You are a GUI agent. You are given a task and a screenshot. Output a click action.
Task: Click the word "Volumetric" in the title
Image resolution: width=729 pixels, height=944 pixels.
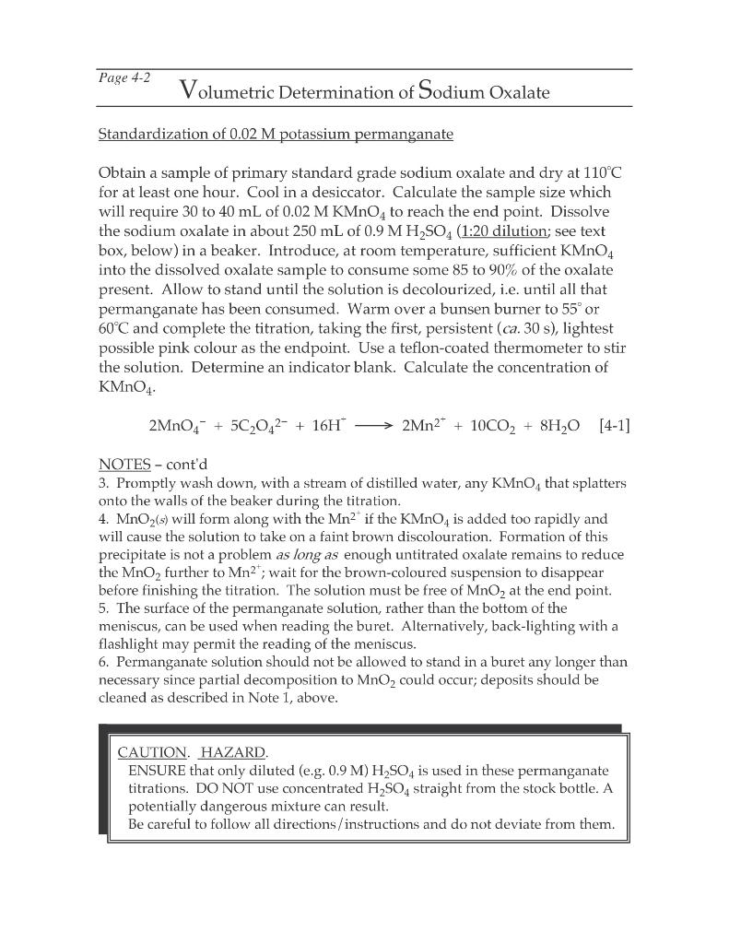coord(234,91)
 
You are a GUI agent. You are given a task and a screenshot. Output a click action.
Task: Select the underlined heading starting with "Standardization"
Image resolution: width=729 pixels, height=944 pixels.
coord(276,135)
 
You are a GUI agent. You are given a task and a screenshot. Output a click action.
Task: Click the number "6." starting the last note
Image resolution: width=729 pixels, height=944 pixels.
coord(102,662)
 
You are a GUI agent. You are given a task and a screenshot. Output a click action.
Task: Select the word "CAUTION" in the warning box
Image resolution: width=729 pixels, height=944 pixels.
coord(151,750)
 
